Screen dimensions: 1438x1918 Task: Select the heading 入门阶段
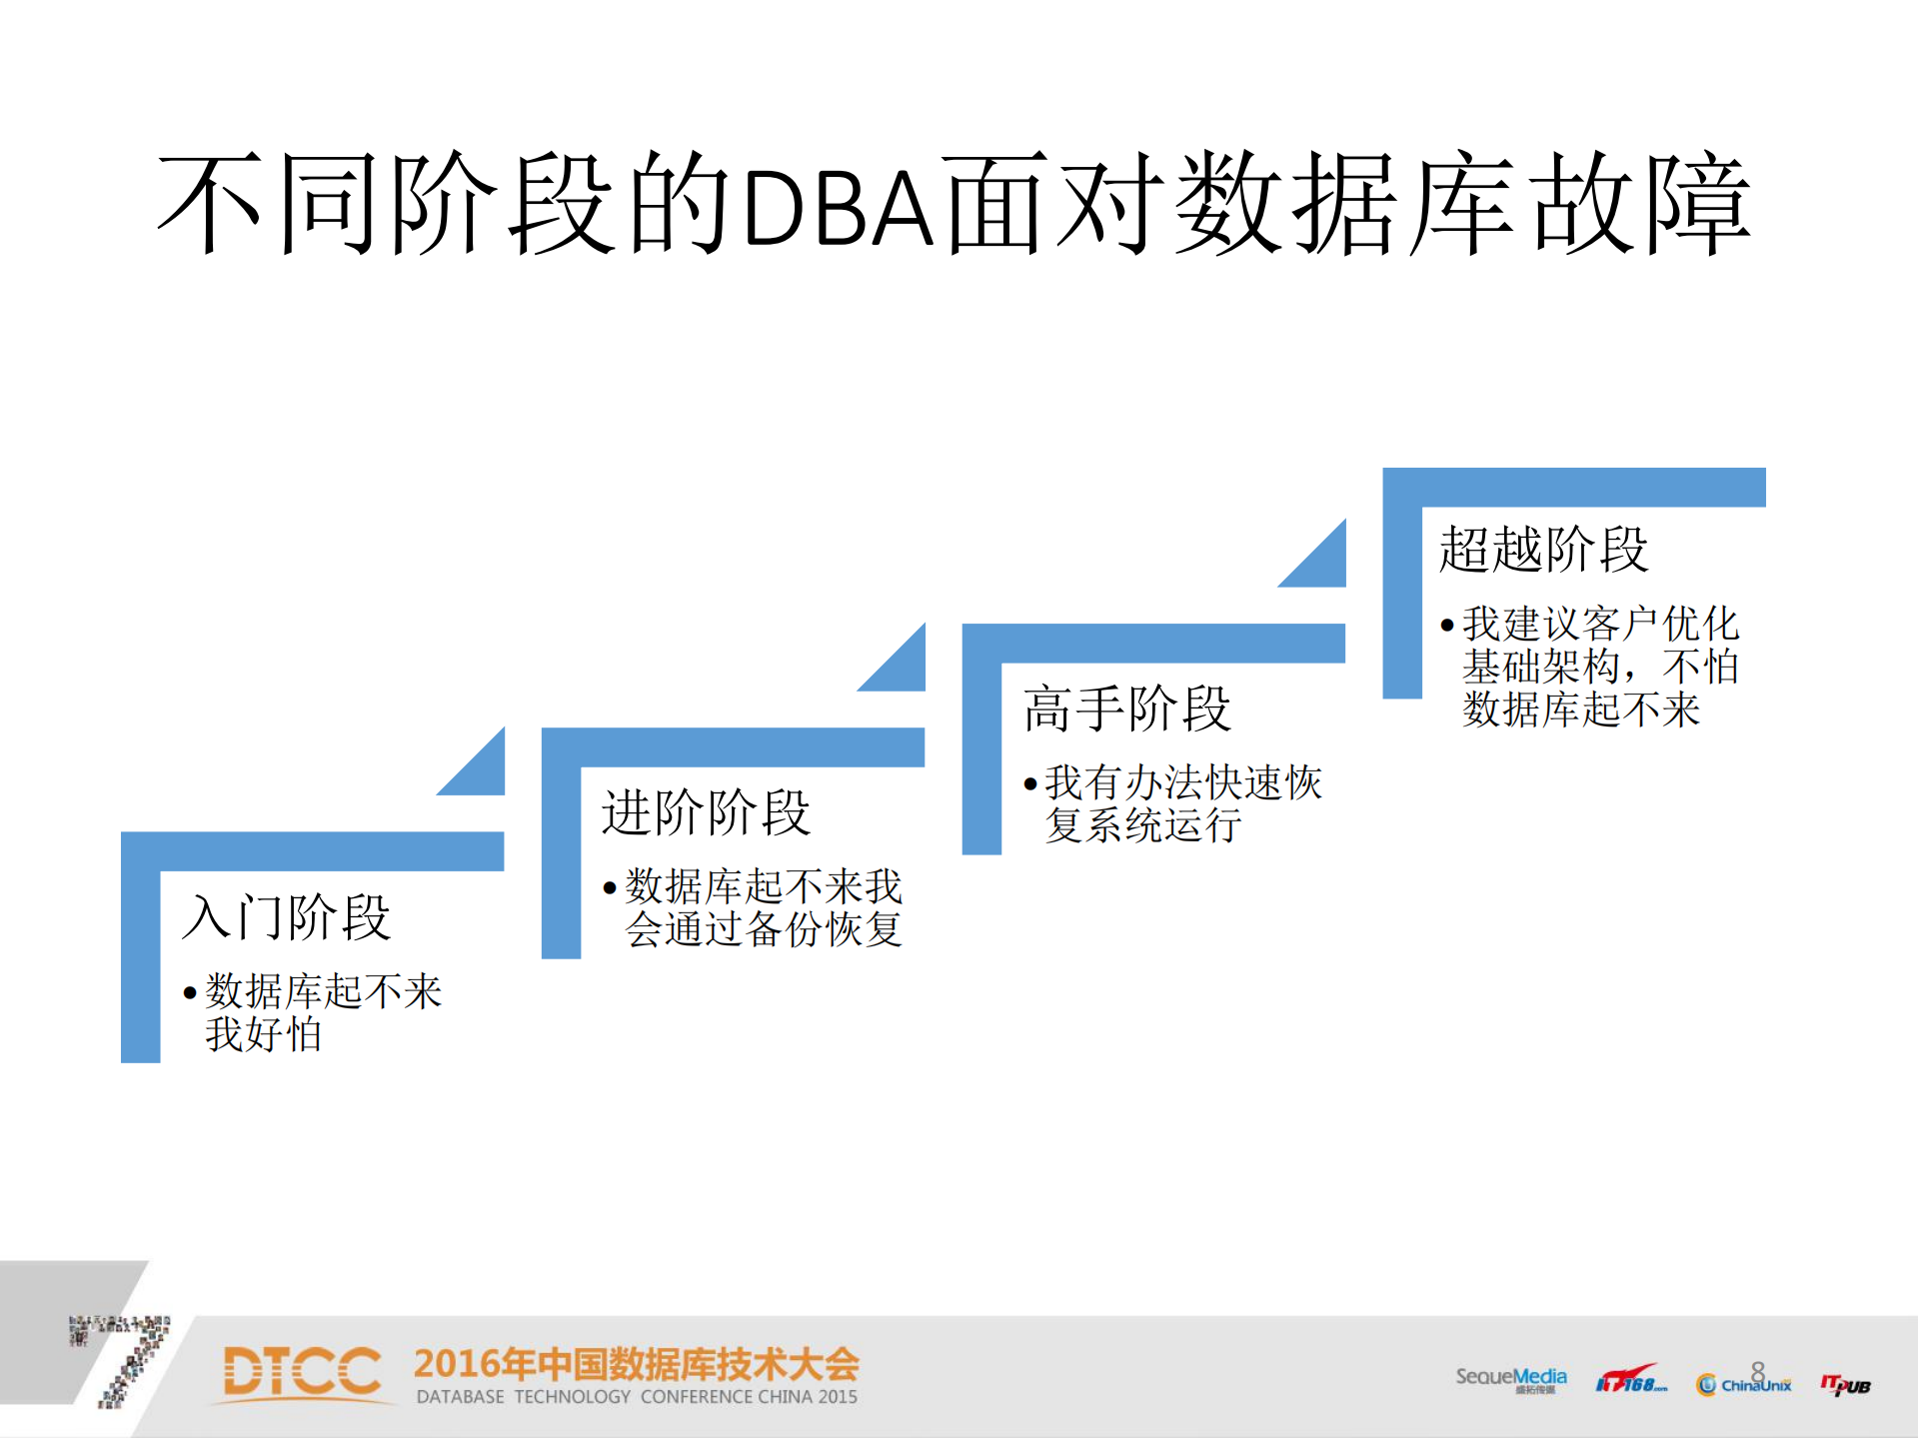286,916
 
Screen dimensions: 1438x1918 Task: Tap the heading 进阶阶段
705,811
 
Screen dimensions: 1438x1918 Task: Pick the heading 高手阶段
1126,708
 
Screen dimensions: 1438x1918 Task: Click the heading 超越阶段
1543,549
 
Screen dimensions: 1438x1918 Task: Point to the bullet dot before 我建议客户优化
1446,626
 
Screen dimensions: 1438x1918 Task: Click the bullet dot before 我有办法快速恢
1029,784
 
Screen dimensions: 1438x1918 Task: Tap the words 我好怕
264,1034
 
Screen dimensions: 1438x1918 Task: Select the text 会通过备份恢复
764,929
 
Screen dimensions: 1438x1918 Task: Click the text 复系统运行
1143,825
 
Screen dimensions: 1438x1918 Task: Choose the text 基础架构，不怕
1600,667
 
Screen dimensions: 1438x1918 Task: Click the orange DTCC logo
302,1371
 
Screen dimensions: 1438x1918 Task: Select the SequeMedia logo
1510,1379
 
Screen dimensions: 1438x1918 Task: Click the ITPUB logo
1845,1384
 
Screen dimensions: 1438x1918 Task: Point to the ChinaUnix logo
1744,1384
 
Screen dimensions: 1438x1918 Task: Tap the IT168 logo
1630,1381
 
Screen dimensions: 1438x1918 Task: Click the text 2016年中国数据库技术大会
636,1364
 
